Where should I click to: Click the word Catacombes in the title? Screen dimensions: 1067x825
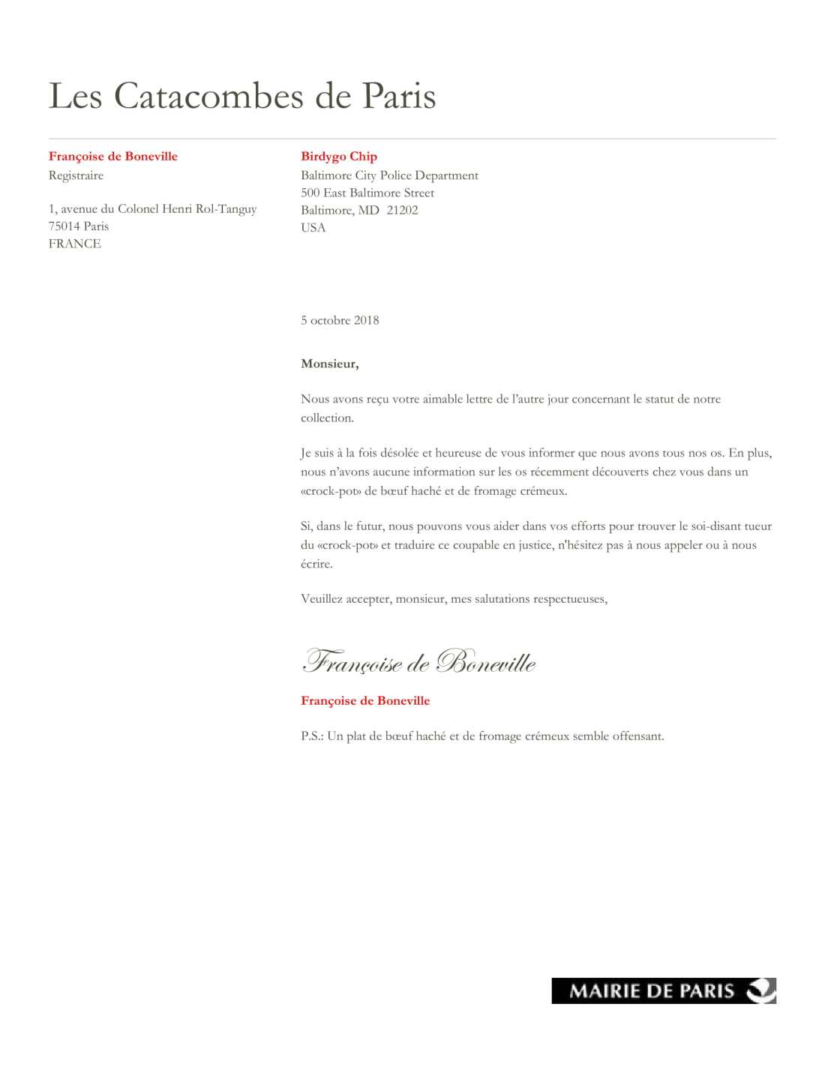tap(208, 96)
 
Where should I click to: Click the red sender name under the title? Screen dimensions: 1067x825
tap(113, 156)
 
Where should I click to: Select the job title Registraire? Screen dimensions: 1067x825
tap(76, 175)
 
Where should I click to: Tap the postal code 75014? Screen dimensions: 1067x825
tap(64, 226)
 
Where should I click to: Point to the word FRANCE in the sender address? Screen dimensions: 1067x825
tap(74, 244)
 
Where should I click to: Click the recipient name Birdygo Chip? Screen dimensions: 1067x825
tap(339, 156)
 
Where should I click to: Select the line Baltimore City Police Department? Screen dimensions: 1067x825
tap(389, 175)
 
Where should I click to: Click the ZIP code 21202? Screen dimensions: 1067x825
tap(402, 210)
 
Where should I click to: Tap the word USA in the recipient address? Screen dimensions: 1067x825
tap(313, 227)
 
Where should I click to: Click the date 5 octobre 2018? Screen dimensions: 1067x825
tap(340, 320)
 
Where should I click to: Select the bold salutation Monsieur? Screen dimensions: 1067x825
tap(329, 364)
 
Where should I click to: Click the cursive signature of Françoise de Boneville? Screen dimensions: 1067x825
tap(418, 661)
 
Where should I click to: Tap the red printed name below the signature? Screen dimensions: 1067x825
tap(365, 701)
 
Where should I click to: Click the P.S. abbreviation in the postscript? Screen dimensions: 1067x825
tap(312, 736)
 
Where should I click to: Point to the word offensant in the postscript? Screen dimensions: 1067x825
tap(638, 736)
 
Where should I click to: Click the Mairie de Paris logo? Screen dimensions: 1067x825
tap(664, 991)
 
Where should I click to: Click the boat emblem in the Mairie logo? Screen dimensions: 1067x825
tap(760, 991)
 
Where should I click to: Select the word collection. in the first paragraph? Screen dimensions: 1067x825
tap(327, 418)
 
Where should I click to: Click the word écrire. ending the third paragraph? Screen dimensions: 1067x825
tap(316, 564)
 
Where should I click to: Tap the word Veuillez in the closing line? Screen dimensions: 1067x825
tap(322, 599)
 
